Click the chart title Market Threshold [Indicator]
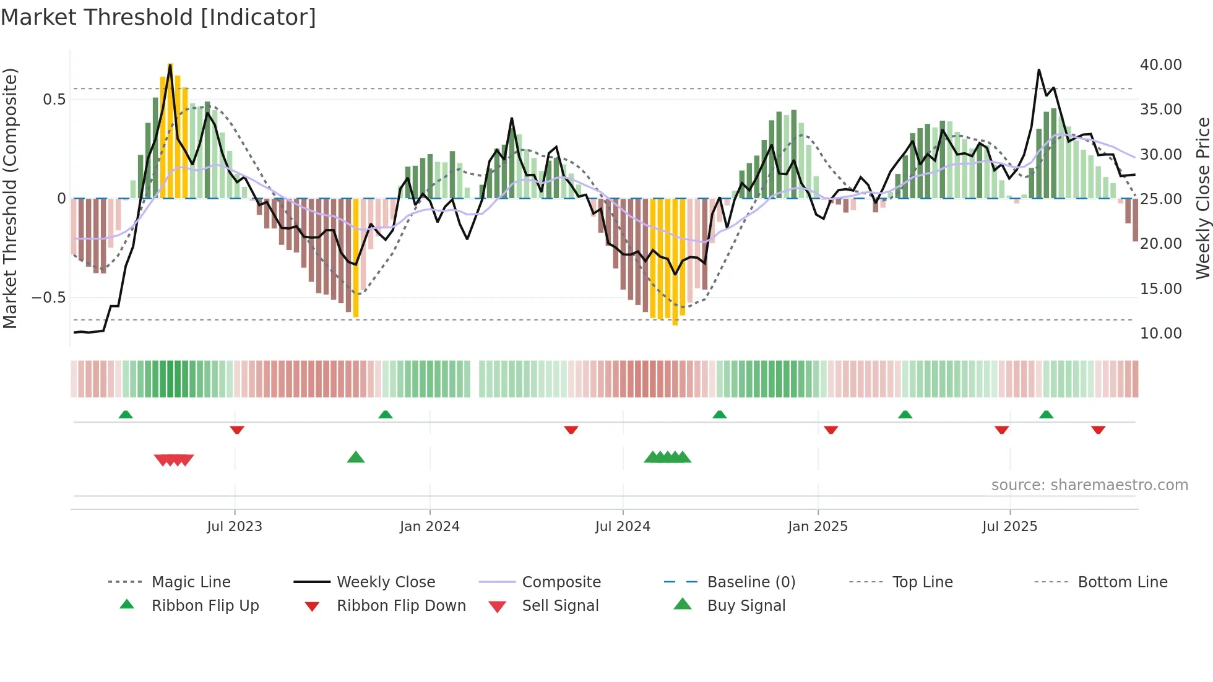(x=158, y=17)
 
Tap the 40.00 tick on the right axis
(x=1160, y=65)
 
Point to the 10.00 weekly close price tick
(x=1160, y=334)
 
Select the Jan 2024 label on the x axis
(x=430, y=527)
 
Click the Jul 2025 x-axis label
(x=1009, y=527)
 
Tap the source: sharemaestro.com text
(x=1089, y=485)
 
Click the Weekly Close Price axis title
(x=1202, y=198)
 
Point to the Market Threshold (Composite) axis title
(x=10, y=198)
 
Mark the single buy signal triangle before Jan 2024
(x=356, y=457)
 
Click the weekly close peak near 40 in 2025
(x=1038, y=71)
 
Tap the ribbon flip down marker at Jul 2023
(x=237, y=429)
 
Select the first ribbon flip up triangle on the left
(x=126, y=415)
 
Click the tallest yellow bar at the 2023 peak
(x=170, y=130)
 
